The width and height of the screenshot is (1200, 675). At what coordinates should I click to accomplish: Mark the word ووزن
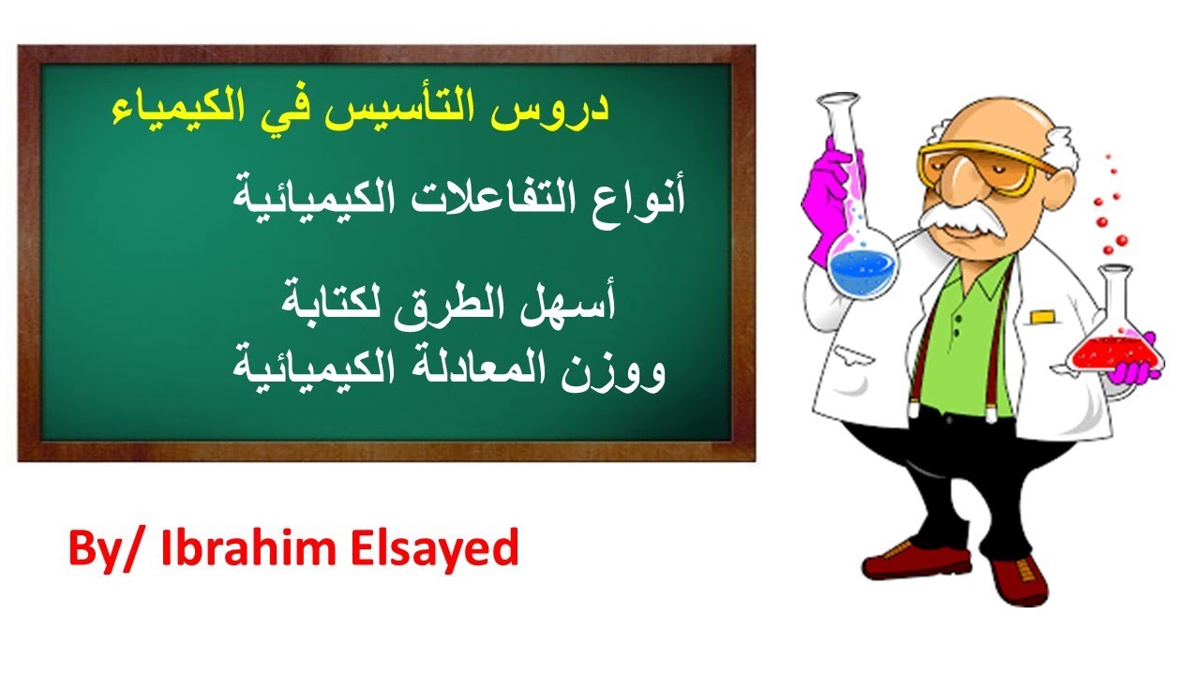click(x=619, y=370)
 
